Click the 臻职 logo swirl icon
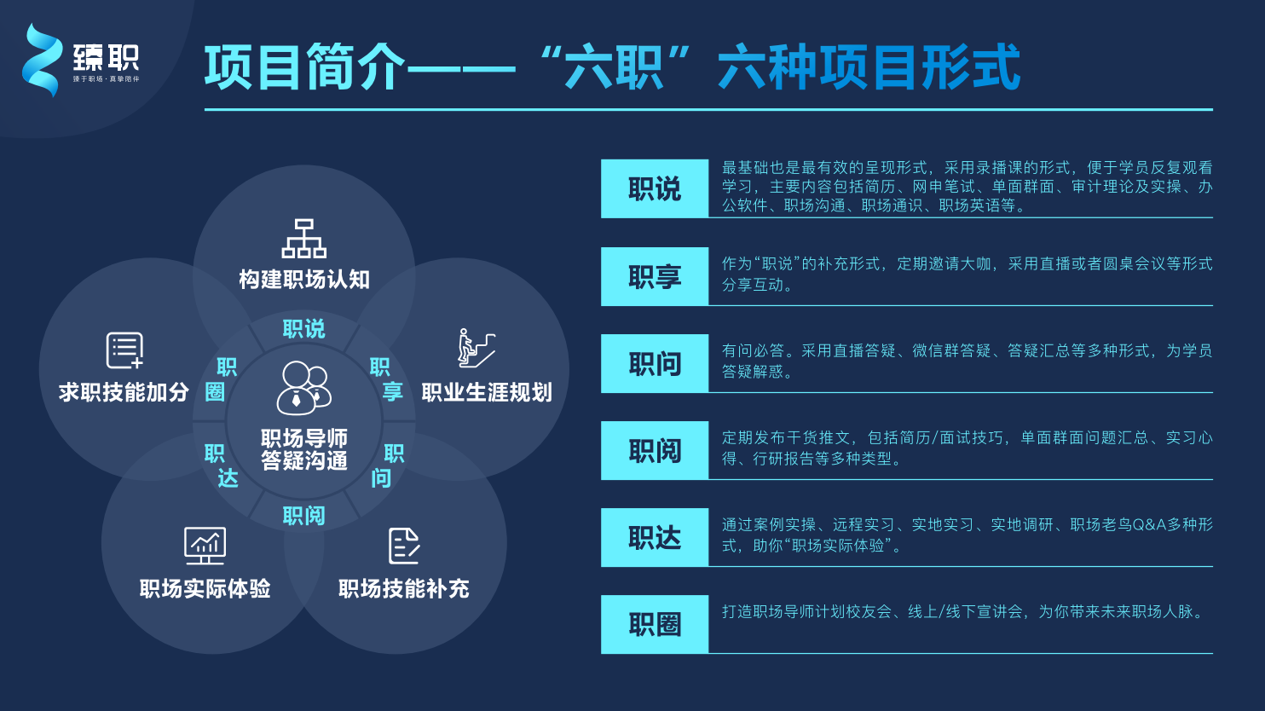click(x=41, y=60)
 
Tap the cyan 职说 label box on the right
click(x=655, y=188)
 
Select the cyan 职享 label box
click(x=655, y=276)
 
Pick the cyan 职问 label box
click(x=655, y=363)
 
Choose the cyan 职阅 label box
click(x=655, y=450)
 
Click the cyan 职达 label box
click(x=655, y=537)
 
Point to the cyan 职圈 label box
click(x=655, y=624)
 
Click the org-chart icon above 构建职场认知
click(x=303, y=239)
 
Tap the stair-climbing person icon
click(x=476, y=348)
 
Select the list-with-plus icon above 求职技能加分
click(x=124, y=350)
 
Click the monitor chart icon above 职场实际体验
click(x=205, y=546)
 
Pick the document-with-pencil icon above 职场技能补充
click(x=404, y=546)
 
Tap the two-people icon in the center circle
click(x=303, y=388)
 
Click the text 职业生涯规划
click(x=487, y=392)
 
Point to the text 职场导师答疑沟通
click(x=303, y=449)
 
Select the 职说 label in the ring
click(x=303, y=329)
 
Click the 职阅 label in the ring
click(x=303, y=516)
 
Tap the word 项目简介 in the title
click(x=305, y=67)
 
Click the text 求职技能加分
click(x=124, y=392)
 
